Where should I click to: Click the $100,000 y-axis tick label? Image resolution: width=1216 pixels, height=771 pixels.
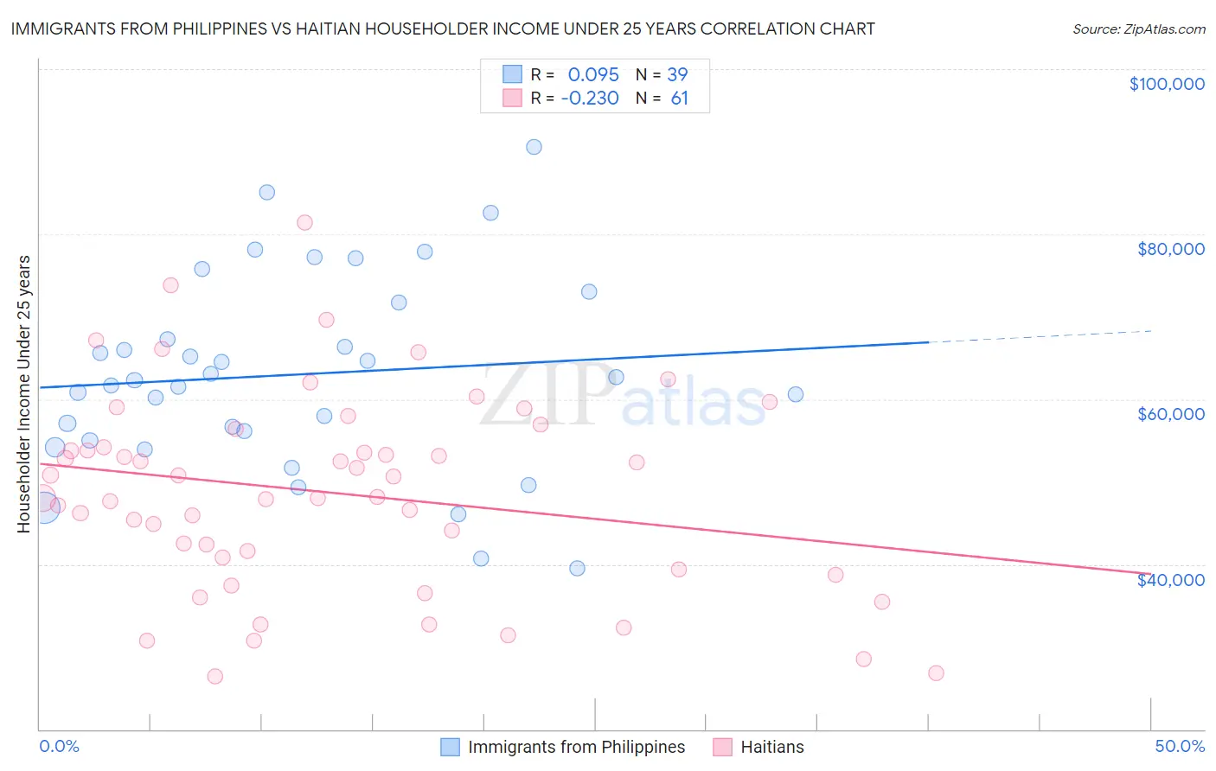1167,84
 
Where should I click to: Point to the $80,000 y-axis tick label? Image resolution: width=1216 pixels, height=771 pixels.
1170,249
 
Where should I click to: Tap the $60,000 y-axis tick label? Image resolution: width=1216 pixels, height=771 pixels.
1170,414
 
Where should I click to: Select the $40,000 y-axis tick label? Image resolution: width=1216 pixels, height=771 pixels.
1170,580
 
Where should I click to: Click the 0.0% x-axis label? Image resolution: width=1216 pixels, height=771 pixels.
59,746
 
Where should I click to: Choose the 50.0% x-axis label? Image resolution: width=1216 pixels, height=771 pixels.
1180,746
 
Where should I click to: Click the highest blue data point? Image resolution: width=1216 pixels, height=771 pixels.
534,147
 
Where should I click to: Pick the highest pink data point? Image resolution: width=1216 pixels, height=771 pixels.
304,222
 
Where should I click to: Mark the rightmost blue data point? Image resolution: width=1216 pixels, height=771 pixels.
796,394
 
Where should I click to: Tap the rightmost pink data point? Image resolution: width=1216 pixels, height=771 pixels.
936,673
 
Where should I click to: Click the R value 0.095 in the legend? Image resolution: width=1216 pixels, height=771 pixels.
593,75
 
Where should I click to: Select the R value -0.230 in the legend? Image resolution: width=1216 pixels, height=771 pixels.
590,99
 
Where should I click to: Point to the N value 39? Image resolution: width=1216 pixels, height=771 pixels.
677,75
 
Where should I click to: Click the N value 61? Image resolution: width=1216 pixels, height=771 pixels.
680,99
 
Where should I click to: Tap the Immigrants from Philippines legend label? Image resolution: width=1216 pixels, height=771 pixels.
576,747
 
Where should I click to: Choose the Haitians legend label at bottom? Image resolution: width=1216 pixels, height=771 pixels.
772,747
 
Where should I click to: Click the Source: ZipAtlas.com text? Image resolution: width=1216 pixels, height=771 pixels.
1138,29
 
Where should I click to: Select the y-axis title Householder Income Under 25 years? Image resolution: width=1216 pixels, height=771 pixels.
24,393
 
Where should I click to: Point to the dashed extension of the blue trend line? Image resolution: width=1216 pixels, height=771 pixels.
1038,336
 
